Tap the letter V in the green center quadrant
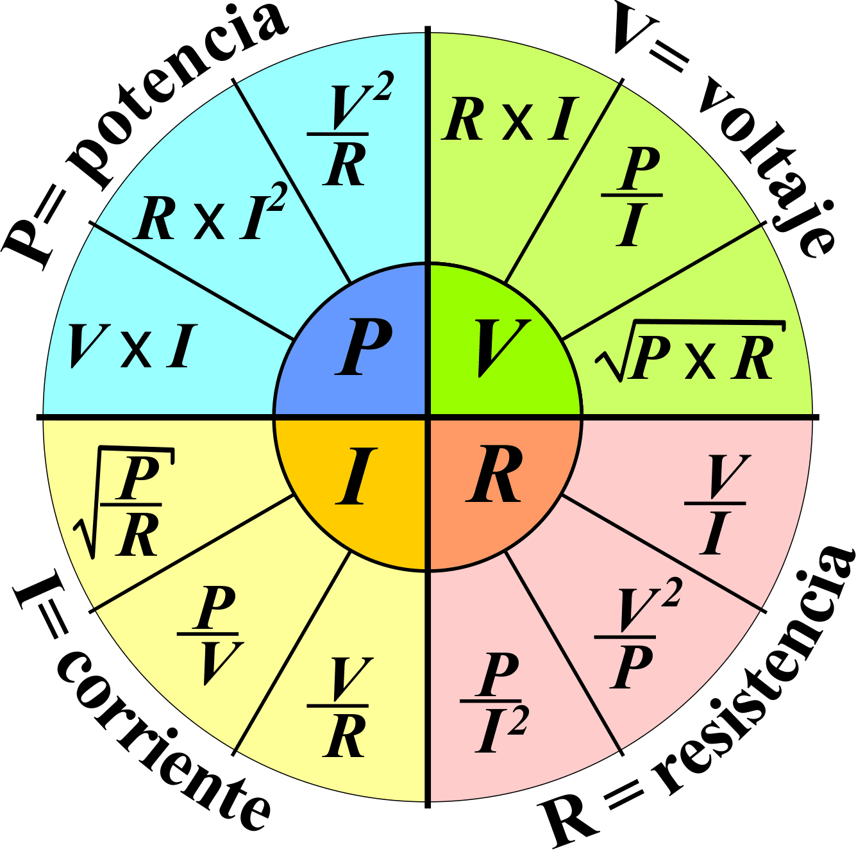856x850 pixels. point(502,347)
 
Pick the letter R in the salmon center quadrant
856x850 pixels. point(494,477)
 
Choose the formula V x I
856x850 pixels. point(131,347)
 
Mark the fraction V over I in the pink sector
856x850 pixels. point(715,504)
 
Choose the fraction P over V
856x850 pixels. point(209,635)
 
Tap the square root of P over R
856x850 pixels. point(126,504)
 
